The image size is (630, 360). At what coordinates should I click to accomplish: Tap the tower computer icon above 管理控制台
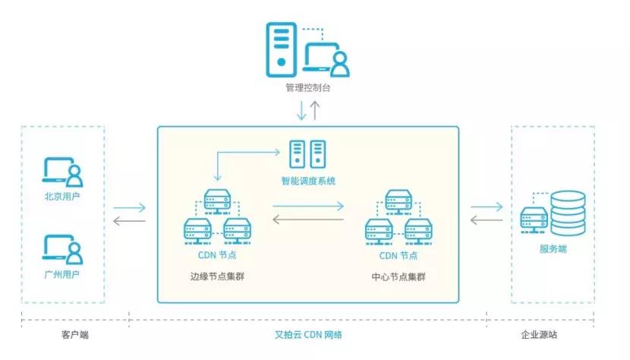tap(282, 47)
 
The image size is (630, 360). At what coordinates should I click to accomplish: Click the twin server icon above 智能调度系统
tap(307, 153)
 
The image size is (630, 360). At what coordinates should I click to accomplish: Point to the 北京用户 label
tap(62, 197)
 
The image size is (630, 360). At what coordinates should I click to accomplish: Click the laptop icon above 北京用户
tap(62, 172)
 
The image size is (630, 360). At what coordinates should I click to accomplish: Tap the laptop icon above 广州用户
tap(62, 248)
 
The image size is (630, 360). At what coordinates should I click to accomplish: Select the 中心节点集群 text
tap(398, 276)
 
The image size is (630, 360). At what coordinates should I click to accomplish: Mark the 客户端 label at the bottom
tap(74, 334)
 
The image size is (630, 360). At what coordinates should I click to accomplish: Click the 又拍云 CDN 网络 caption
tap(307, 334)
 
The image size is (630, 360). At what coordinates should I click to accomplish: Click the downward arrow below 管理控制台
tap(301, 110)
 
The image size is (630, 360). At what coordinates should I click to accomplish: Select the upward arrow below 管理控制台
tap(315, 110)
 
